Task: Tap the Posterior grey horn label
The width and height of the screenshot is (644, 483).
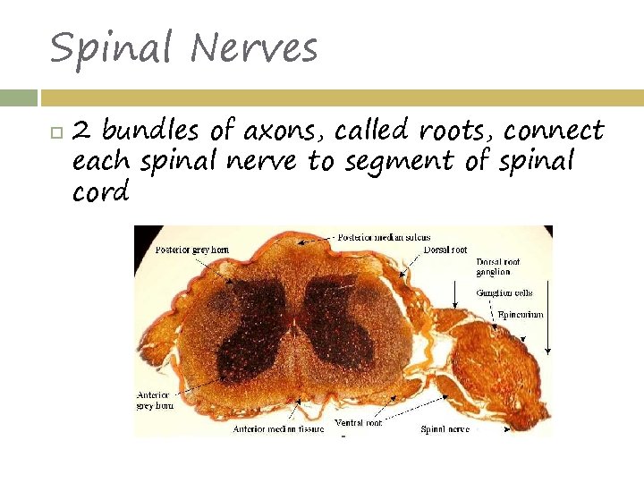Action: (192, 250)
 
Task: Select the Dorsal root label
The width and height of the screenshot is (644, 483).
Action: (445, 250)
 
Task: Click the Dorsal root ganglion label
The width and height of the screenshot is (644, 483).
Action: (498, 267)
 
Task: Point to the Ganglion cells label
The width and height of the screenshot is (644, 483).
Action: (504, 292)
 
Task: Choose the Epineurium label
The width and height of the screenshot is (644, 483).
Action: (521, 315)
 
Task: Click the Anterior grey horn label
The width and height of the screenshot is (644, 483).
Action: (155, 400)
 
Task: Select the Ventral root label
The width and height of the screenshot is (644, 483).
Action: (358, 422)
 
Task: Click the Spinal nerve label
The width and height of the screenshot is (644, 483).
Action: (445, 429)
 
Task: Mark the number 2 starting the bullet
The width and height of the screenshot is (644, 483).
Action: (81, 132)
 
